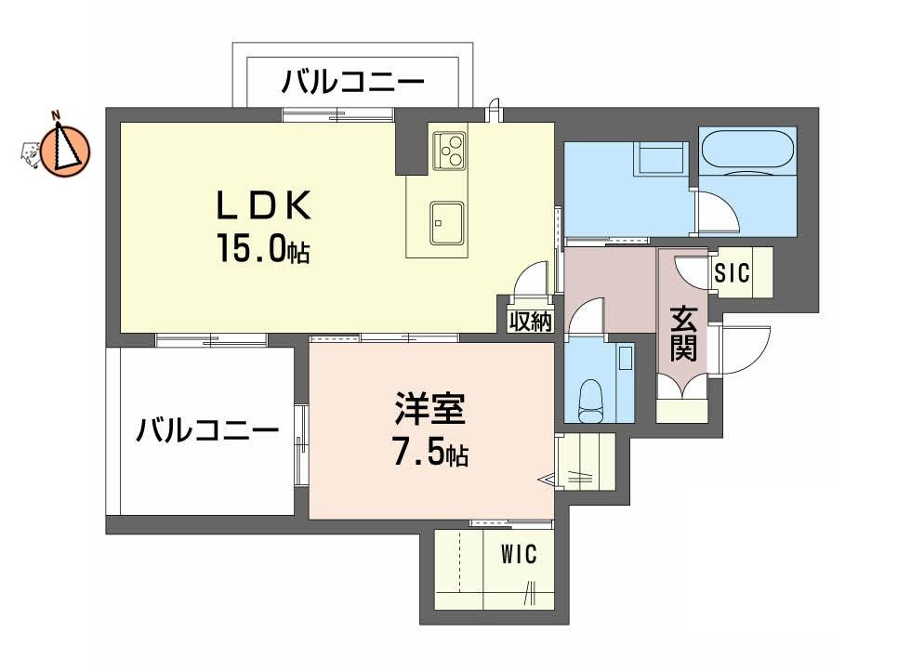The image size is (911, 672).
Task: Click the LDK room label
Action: click(263, 205)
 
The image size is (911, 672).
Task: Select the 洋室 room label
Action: click(429, 408)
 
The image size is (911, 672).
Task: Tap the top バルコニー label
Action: click(353, 82)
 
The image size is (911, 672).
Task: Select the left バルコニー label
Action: click(207, 430)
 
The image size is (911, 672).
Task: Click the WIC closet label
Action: click(519, 555)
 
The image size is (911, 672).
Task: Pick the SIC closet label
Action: click(733, 272)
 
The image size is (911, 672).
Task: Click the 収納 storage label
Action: click(531, 322)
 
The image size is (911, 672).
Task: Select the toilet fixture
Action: click(591, 401)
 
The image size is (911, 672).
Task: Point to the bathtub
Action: click(747, 150)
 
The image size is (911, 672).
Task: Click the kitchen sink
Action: click(447, 223)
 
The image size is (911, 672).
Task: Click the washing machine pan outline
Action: click(661, 157)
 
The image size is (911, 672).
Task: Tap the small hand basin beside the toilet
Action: click(625, 357)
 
